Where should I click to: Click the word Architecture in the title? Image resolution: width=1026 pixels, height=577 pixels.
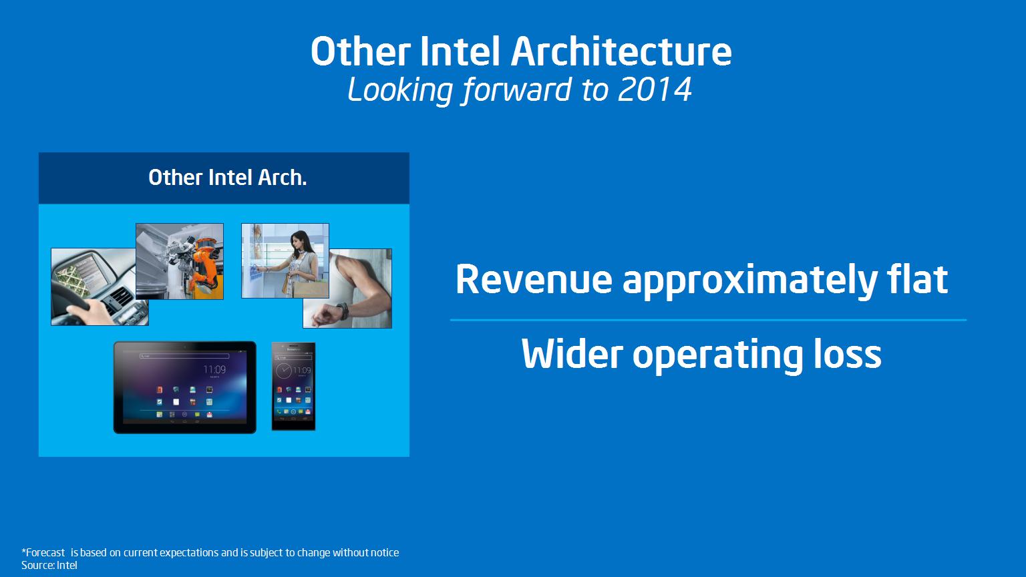point(621,51)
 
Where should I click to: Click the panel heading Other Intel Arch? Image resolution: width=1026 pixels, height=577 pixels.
point(227,178)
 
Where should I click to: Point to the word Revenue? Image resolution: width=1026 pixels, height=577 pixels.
point(534,279)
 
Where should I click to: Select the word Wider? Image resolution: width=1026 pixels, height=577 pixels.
point(572,353)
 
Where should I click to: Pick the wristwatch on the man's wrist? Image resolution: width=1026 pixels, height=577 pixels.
point(343,311)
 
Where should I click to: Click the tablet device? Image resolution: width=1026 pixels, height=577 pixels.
point(184,387)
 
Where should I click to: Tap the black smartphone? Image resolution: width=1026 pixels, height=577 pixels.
point(294,386)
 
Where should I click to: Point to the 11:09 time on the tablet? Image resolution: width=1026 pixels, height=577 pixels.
point(214,369)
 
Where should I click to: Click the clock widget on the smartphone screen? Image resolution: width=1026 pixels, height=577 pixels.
point(284,371)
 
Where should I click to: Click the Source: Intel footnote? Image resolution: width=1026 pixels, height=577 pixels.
point(49,565)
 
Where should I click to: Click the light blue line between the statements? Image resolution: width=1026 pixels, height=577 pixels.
point(708,320)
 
